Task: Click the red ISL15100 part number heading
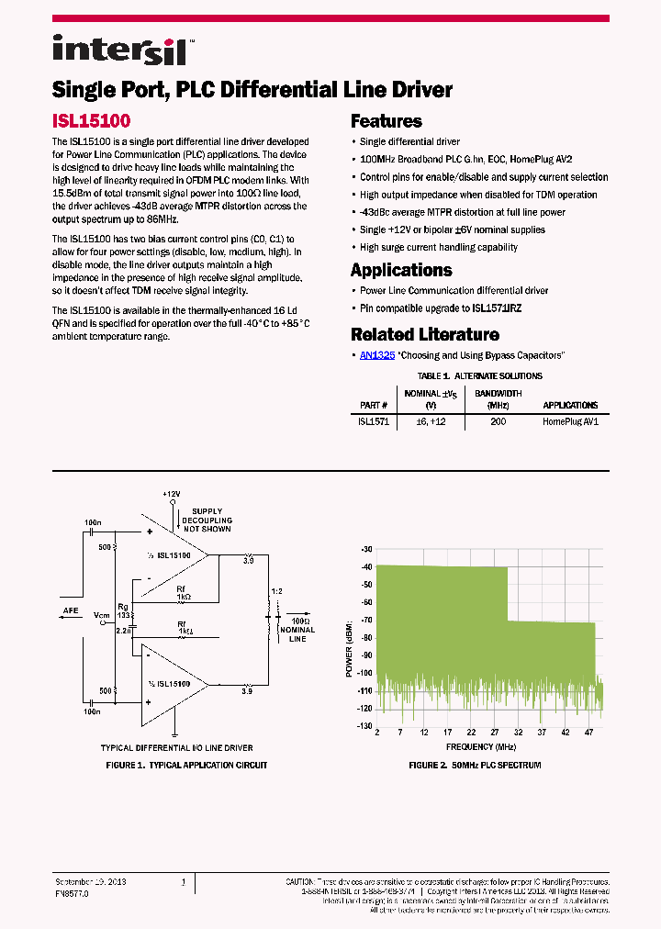click(91, 120)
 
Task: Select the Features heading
click(386, 121)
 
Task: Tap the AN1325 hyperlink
click(377, 354)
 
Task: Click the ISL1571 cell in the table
click(374, 422)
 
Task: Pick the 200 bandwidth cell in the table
click(498, 422)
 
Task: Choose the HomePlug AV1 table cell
click(569, 422)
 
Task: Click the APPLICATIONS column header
click(569, 405)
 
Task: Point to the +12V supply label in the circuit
click(171, 494)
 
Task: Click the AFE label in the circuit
click(71, 610)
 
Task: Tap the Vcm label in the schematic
click(101, 615)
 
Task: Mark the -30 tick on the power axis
click(366, 549)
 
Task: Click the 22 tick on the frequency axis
click(471, 733)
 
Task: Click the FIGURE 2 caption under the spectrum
click(475, 765)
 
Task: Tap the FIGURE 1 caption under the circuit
click(187, 765)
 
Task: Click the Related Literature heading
click(424, 334)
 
